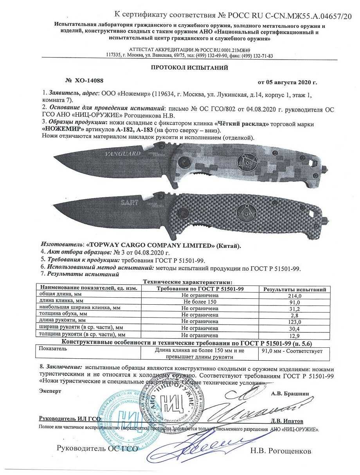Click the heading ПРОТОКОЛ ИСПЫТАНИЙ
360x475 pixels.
point(189,68)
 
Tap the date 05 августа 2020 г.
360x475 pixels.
point(287,82)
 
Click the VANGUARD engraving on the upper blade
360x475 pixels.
point(123,154)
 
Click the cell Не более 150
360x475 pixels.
point(200,302)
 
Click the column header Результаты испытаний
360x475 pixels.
point(295,289)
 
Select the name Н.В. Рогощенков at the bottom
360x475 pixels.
point(281,451)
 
